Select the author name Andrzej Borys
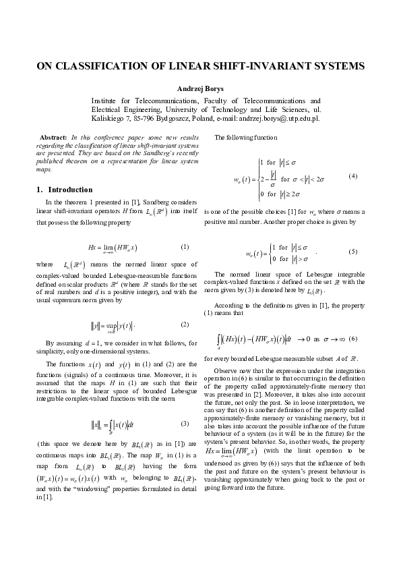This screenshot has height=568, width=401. click(x=200, y=88)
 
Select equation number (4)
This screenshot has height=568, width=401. click(x=352, y=176)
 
